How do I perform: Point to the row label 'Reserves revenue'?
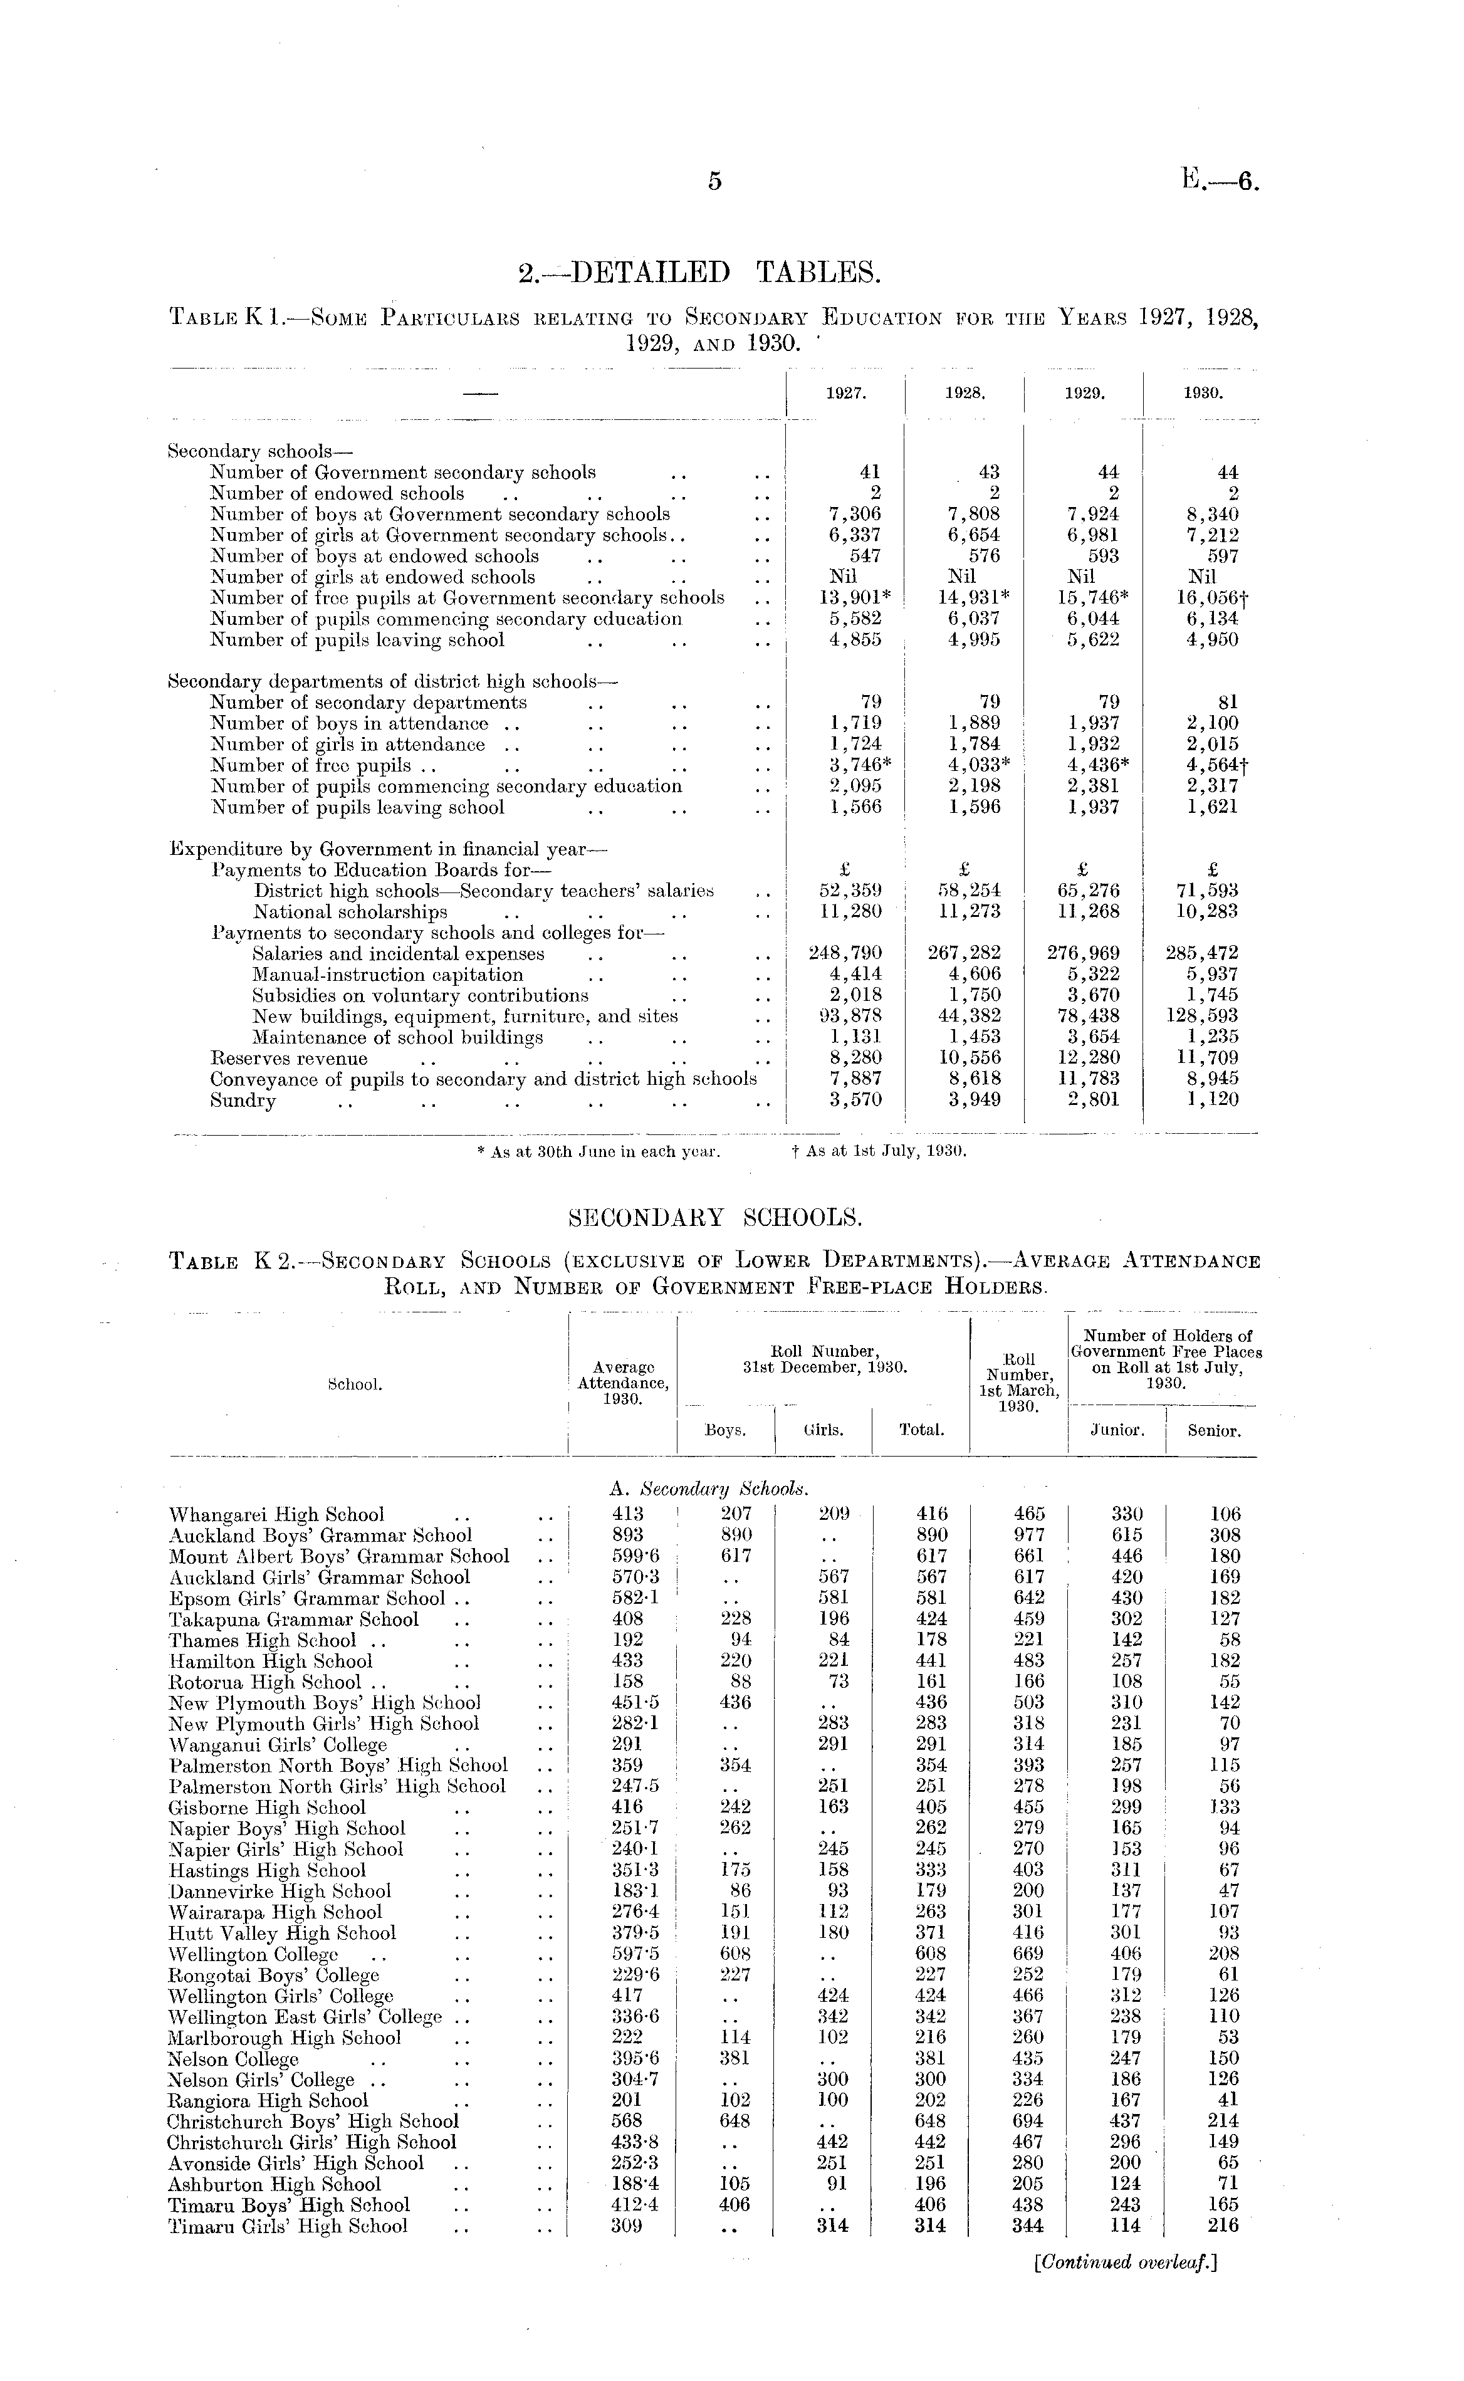[288, 1059]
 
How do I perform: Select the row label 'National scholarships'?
[350, 912]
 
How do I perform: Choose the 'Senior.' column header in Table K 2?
[1213, 1430]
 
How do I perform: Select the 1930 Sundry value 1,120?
[1214, 1100]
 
